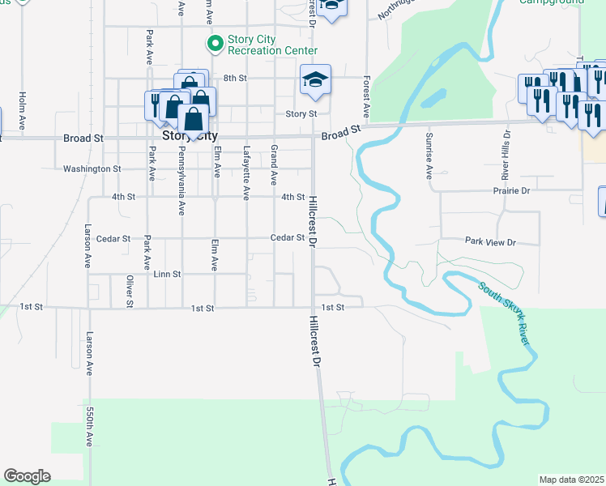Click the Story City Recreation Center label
click(263, 45)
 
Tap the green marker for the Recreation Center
click(215, 43)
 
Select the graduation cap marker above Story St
click(315, 79)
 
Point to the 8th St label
click(235, 78)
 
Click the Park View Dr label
click(490, 241)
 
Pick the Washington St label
click(92, 168)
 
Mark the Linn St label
click(166, 275)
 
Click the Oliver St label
click(129, 292)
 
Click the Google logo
click(27, 476)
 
